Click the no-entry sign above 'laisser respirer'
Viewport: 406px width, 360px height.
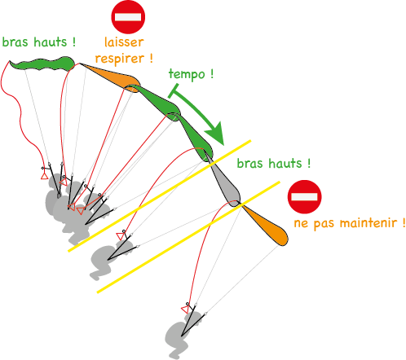[128, 17]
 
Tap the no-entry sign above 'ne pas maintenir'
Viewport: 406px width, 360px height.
[304, 196]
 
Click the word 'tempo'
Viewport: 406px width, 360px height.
[187, 74]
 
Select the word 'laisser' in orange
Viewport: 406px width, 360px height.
[124, 42]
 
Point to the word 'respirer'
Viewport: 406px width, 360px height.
[120, 59]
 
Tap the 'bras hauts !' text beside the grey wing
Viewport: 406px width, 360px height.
[274, 163]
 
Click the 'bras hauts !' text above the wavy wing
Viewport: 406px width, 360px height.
[39, 42]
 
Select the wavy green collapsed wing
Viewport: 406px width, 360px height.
[42, 64]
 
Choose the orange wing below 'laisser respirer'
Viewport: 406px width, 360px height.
[112, 77]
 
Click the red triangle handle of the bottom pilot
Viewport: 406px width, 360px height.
[185, 310]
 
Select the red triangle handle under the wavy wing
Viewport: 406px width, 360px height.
[44, 176]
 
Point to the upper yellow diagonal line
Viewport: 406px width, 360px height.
[159, 195]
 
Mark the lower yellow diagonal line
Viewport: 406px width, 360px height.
[188, 237]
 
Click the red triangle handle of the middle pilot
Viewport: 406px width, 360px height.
[120, 236]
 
